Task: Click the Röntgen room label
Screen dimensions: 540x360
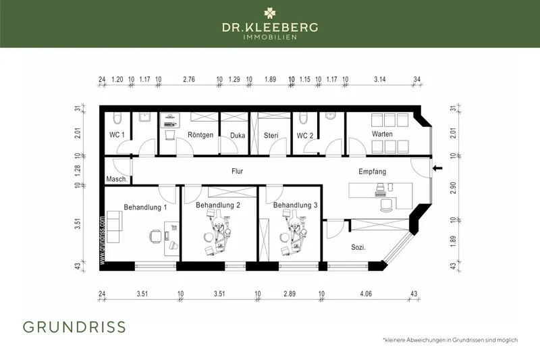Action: [x=200, y=135]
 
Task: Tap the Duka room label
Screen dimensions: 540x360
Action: [x=238, y=135]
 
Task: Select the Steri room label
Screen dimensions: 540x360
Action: [x=271, y=135]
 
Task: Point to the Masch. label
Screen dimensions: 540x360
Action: [x=117, y=179]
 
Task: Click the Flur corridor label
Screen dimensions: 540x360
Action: [x=238, y=171]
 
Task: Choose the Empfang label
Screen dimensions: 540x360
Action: [x=373, y=172]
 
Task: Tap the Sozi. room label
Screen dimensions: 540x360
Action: [x=358, y=247]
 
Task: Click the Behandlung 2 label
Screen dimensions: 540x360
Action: [x=218, y=205]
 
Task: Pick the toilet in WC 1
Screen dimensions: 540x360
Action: [x=117, y=118]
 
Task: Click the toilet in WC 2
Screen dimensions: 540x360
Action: [x=303, y=118]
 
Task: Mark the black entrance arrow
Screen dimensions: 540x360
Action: [x=437, y=168]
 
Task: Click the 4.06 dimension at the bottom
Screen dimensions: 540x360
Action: [x=366, y=294]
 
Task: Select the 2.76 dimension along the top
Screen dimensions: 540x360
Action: [x=189, y=79]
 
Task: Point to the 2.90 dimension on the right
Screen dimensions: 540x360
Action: [x=453, y=188]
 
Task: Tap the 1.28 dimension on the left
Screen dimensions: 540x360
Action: [x=78, y=171]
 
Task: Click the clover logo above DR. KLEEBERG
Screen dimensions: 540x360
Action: [x=269, y=14]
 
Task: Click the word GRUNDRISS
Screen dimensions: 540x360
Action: [x=74, y=327]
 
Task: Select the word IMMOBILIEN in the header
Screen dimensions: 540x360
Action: [x=270, y=37]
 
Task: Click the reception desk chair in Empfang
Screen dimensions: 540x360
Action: [x=386, y=205]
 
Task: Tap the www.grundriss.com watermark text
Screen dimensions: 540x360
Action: [x=102, y=240]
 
